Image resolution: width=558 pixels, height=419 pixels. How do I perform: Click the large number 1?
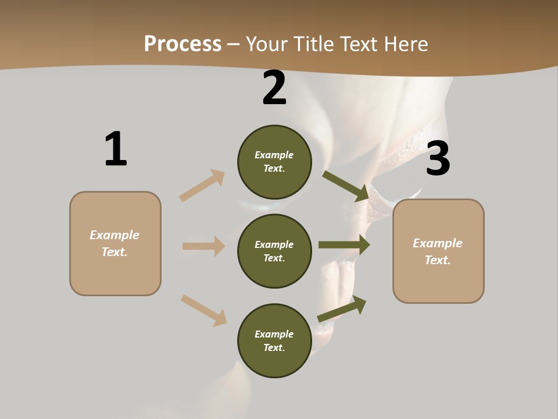point(116,149)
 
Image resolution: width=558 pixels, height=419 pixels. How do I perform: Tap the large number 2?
point(274,88)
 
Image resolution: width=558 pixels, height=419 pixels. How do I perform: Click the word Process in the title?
point(183,44)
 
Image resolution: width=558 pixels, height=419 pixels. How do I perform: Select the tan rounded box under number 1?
point(115,243)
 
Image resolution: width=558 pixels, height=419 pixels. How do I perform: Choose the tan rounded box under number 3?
point(438,251)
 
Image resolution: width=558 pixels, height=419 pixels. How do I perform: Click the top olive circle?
point(274,162)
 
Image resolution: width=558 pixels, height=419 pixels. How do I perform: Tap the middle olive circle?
point(274,251)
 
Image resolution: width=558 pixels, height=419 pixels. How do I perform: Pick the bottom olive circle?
point(274,341)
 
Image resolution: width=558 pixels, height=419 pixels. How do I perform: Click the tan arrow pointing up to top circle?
point(202,186)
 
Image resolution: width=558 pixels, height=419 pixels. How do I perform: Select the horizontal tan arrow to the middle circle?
point(203,246)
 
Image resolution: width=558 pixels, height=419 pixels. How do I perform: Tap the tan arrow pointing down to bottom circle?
point(203,310)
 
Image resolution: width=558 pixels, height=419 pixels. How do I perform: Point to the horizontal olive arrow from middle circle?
point(344,245)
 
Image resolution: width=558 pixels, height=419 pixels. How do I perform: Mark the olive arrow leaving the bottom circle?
point(342,309)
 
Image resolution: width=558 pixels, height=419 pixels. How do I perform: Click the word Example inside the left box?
point(115,235)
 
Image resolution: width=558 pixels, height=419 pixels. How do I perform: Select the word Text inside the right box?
point(437,260)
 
